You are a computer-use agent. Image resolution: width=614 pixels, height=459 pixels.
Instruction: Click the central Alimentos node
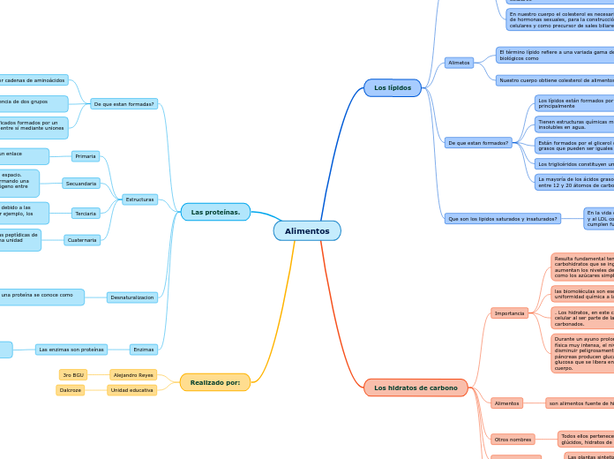pos(307,231)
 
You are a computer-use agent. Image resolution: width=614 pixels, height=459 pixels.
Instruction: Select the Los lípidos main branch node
pos(393,88)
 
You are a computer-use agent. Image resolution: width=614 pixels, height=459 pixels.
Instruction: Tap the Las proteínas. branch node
pos(215,212)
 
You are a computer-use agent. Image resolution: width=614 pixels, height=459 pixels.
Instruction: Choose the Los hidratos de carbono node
pos(416,388)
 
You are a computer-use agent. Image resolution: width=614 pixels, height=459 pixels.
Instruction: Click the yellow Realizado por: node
pos(214,382)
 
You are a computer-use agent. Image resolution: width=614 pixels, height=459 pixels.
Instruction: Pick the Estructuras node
pos(139,199)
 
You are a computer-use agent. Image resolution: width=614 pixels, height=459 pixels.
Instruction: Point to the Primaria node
pos(86,156)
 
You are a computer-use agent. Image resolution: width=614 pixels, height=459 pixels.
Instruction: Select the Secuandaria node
pos(81,184)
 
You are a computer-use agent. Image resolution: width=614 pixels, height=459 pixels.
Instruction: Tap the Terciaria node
pos(86,214)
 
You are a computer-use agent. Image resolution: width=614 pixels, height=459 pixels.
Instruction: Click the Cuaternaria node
pos(82,240)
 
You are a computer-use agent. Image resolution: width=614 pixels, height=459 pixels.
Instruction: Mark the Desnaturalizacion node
pos(132,297)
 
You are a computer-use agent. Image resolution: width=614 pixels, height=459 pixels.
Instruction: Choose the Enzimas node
pos(143,350)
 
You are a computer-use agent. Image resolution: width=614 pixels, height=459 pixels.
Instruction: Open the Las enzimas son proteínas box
pos(71,350)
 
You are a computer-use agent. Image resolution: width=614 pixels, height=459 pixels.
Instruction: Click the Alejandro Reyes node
pos(133,375)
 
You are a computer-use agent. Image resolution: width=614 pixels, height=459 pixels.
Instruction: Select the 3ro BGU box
pos(73,375)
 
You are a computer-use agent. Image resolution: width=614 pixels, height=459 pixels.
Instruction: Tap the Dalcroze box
pos(71,390)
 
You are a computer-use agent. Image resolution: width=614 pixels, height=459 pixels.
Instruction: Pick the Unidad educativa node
pos(132,390)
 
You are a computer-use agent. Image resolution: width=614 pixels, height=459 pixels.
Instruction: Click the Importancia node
pos(509,312)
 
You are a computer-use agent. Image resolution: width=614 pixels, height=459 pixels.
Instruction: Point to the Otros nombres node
pos(513,440)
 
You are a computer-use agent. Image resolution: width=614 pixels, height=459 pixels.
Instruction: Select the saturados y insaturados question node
pos(502,218)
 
